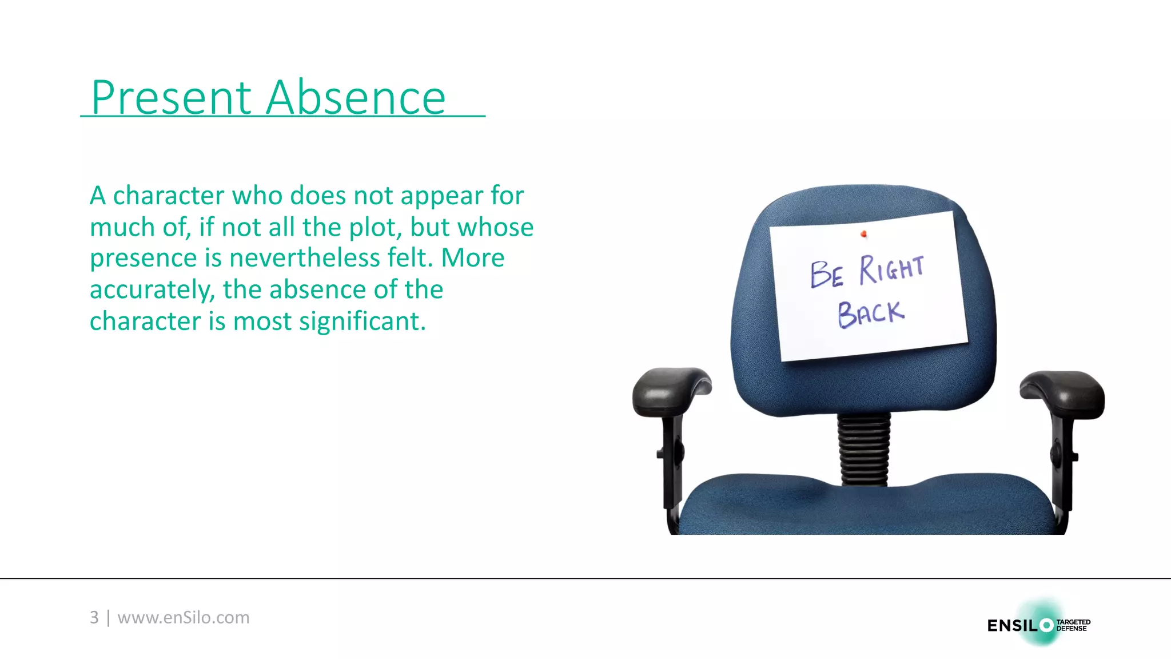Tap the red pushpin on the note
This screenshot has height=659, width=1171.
click(x=863, y=233)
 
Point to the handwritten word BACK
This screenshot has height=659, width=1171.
click(x=871, y=313)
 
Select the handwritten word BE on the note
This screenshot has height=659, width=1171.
click(x=826, y=273)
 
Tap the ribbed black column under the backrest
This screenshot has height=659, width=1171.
click(x=864, y=449)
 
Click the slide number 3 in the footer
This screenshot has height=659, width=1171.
click(x=94, y=617)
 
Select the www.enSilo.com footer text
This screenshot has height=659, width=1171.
click(x=184, y=617)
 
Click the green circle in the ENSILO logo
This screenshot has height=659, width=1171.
click(x=1046, y=625)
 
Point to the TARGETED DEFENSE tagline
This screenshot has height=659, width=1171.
click(x=1073, y=625)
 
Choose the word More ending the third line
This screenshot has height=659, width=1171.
click(x=472, y=258)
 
